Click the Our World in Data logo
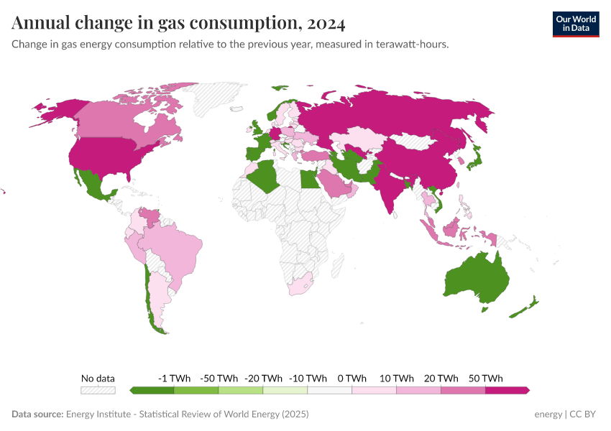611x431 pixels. [575, 24]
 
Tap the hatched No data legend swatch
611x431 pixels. [98, 390]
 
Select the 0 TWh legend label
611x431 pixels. [352, 378]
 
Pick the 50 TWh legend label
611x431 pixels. [486, 378]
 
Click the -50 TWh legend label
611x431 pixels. [219, 378]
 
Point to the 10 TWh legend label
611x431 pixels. [397, 378]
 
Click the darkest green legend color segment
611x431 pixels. [152, 390]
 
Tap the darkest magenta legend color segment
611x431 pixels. [507, 390]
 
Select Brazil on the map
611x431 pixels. [176, 248]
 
